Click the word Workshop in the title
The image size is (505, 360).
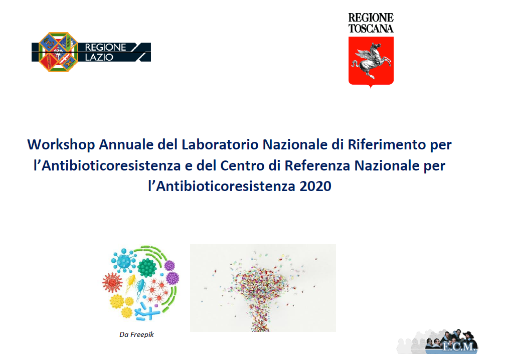61,145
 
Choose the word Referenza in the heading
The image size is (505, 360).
317,166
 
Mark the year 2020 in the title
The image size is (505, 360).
315,187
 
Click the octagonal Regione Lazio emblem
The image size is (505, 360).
58,52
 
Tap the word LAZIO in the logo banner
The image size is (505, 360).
99,57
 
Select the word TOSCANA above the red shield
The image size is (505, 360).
371,29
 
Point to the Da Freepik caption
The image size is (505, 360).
136,334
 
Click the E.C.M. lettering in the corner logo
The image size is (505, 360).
459,346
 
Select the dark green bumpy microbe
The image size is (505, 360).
147,267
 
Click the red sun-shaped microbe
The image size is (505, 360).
112,283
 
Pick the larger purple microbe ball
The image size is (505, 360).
173,278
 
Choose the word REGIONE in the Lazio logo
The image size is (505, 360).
105,47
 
